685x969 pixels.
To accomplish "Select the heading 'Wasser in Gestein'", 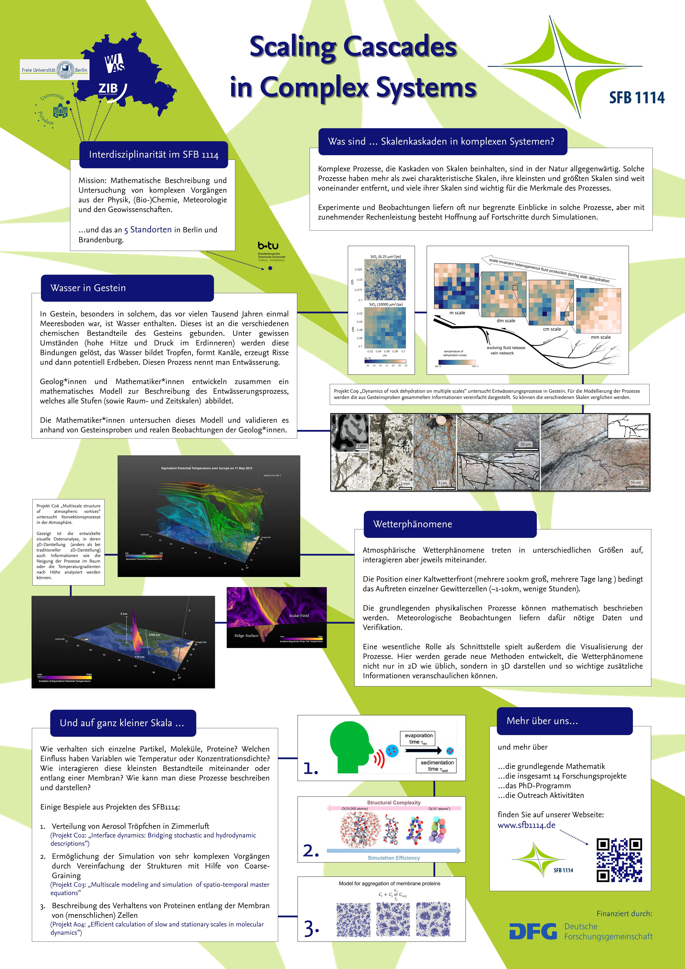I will (x=88, y=288).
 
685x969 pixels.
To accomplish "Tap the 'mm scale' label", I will (x=600, y=337).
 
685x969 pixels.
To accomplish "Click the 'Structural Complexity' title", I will (x=394, y=802).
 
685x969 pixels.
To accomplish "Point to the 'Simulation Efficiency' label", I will (x=394, y=858).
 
